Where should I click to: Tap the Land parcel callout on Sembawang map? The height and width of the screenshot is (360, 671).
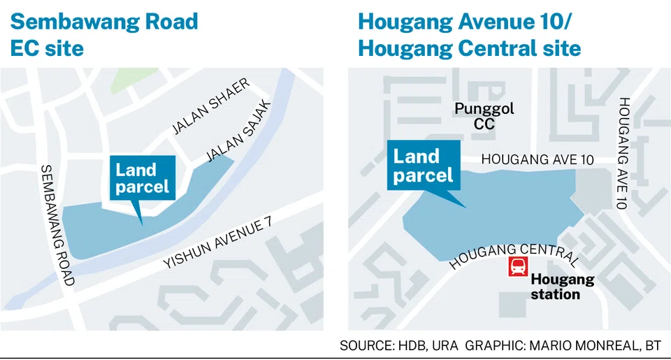143,178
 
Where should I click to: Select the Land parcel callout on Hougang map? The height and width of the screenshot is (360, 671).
424,166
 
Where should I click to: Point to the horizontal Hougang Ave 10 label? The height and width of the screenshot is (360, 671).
537,160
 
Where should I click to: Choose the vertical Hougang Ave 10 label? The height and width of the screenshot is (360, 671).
623,153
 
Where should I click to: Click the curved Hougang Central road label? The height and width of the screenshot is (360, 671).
514,254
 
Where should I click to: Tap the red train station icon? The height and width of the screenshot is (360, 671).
518,266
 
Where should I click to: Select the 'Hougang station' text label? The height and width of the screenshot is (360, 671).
563,287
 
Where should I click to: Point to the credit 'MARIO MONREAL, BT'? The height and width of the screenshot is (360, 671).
595,345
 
